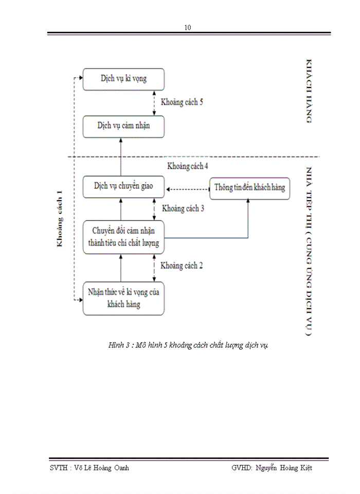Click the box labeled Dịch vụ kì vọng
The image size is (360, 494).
(x=123, y=79)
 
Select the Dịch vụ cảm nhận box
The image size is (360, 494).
(x=123, y=126)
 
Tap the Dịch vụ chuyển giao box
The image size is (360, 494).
(x=123, y=186)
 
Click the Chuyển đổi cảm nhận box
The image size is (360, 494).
(x=123, y=236)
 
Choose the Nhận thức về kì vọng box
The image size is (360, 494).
(x=123, y=298)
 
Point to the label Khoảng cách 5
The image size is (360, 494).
(x=182, y=102)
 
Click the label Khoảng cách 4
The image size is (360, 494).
(x=188, y=166)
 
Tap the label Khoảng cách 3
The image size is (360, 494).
(x=183, y=208)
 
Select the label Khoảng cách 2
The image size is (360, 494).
(x=182, y=266)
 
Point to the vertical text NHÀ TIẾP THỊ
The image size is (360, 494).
(x=309, y=190)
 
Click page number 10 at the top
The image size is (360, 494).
(x=188, y=28)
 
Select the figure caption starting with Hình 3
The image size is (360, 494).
(x=188, y=345)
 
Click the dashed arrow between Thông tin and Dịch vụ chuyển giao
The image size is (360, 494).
(x=187, y=188)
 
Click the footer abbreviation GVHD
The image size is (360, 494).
(x=241, y=468)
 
